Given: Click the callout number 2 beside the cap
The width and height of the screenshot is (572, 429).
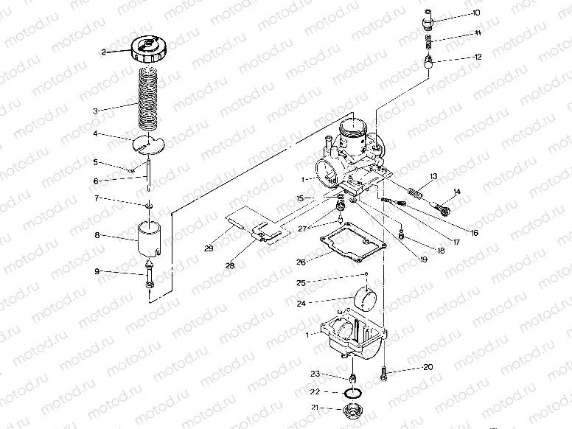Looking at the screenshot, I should pyautogui.click(x=105, y=52).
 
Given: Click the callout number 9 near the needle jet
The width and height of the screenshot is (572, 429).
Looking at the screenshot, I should pyautogui.click(x=97, y=271).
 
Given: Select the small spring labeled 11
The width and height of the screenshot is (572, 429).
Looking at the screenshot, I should pyautogui.click(x=428, y=41).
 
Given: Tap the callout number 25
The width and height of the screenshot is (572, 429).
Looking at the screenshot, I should pyautogui.click(x=301, y=282).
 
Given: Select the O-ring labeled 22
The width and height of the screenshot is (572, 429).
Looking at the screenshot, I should pyautogui.click(x=352, y=392).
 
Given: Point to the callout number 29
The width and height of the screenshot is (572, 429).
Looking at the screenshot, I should pyautogui.click(x=209, y=249).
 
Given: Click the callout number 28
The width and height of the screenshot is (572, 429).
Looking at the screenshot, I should pyautogui.click(x=231, y=265).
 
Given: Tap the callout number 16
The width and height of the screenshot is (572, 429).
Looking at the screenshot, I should pyautogui.click(x=474, y=233).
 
